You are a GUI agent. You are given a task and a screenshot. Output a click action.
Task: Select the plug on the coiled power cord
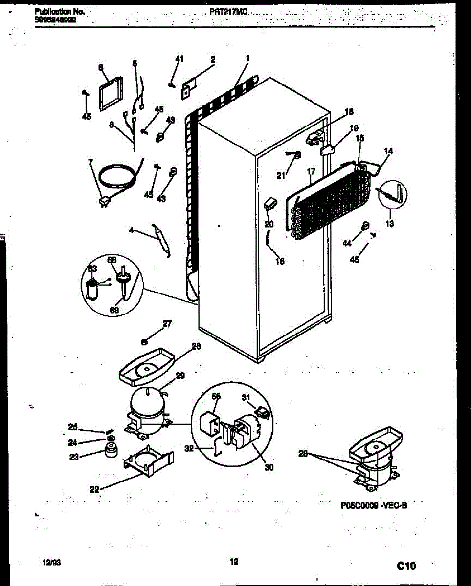point(104,200)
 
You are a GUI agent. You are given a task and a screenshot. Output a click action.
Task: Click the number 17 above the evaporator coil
point(310,172)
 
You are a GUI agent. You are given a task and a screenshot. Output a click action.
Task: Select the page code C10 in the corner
point(405,566)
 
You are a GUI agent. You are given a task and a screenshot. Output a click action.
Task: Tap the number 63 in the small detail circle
point(92,269)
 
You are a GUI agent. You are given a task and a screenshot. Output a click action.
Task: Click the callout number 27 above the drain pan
point(167,323)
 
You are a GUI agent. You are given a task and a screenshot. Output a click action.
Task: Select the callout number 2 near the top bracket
point(213,60)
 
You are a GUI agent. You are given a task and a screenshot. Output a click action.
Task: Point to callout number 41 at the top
point(179,59)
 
